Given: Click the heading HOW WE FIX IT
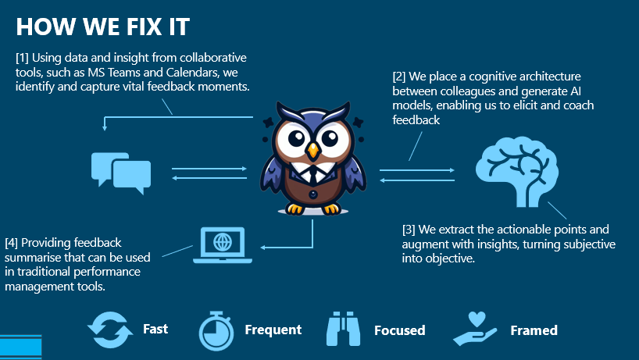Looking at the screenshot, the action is point(102,27).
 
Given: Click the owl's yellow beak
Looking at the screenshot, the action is point(313,150).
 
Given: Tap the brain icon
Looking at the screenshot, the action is point(516,172).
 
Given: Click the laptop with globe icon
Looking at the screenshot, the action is point(223,244).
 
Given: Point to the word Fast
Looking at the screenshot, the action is point(155,329).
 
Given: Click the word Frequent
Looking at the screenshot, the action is point(273,330).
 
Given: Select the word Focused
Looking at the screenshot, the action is point(399,330).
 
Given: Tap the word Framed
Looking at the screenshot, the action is point(534,330).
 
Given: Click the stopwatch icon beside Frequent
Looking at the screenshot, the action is point(216,331).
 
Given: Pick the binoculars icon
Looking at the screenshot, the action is point(343,329).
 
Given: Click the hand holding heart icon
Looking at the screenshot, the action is point(475,329).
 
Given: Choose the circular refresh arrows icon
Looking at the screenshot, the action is point(109,330).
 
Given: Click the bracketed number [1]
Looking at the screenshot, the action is point(22,58).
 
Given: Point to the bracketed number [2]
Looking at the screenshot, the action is point(399,77).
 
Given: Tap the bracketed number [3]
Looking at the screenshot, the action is point(409,230).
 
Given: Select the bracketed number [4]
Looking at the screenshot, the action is point(12,243).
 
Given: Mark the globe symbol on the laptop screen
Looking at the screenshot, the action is point(223,242).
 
